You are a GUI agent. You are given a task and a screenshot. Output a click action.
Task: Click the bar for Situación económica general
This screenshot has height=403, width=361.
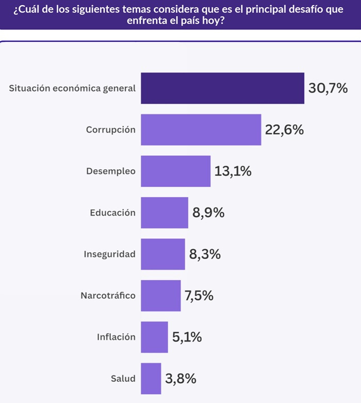tap(222, 88)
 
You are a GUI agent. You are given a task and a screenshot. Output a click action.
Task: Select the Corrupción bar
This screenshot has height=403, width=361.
tap(201, 130)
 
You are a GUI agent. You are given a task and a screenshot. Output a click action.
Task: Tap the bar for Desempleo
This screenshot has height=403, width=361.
tap(175, 171)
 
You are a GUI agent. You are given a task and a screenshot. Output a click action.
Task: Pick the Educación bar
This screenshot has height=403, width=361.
tap(164, 213)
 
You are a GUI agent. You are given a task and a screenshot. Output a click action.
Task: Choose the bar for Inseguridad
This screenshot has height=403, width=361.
tap(162, 254)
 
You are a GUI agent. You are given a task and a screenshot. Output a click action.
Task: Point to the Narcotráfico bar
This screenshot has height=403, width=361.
tap(160, 296)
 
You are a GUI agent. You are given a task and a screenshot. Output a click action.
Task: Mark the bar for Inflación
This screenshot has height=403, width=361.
tap(154, 337)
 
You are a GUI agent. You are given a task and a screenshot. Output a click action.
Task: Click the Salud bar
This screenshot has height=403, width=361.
tap(151, 379)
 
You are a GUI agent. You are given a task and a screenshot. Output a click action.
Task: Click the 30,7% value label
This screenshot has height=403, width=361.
tap(328, 88)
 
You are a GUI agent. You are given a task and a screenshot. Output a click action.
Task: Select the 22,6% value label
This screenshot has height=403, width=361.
tap(284, 130)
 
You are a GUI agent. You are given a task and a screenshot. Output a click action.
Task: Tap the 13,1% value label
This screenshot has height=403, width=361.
tap(233, 171)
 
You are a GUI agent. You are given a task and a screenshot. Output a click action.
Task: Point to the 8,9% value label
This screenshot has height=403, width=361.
tap(208, 213)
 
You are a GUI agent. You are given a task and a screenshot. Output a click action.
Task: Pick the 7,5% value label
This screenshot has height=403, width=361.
tap(199, 296)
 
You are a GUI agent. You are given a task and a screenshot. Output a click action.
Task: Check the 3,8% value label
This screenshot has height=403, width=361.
tap(180, 379)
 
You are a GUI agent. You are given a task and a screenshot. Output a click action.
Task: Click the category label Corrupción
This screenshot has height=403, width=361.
tap(111, 130)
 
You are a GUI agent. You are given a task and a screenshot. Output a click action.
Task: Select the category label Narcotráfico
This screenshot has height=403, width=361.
tap(108, 296)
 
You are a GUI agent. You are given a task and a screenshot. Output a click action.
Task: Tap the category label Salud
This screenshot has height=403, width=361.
tap(123, 379)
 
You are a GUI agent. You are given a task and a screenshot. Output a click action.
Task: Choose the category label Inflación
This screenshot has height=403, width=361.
tap(116, 337)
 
